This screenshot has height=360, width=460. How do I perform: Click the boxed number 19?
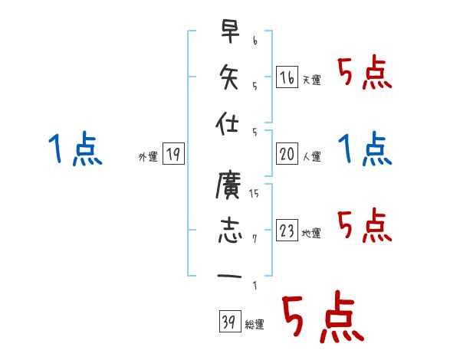(173, 155)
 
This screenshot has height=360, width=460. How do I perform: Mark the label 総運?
(254, 325)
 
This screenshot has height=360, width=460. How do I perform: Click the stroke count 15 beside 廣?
(254, 194)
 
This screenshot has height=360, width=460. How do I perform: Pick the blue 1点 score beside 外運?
(74, 149)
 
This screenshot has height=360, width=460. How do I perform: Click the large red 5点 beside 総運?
(321, 318)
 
